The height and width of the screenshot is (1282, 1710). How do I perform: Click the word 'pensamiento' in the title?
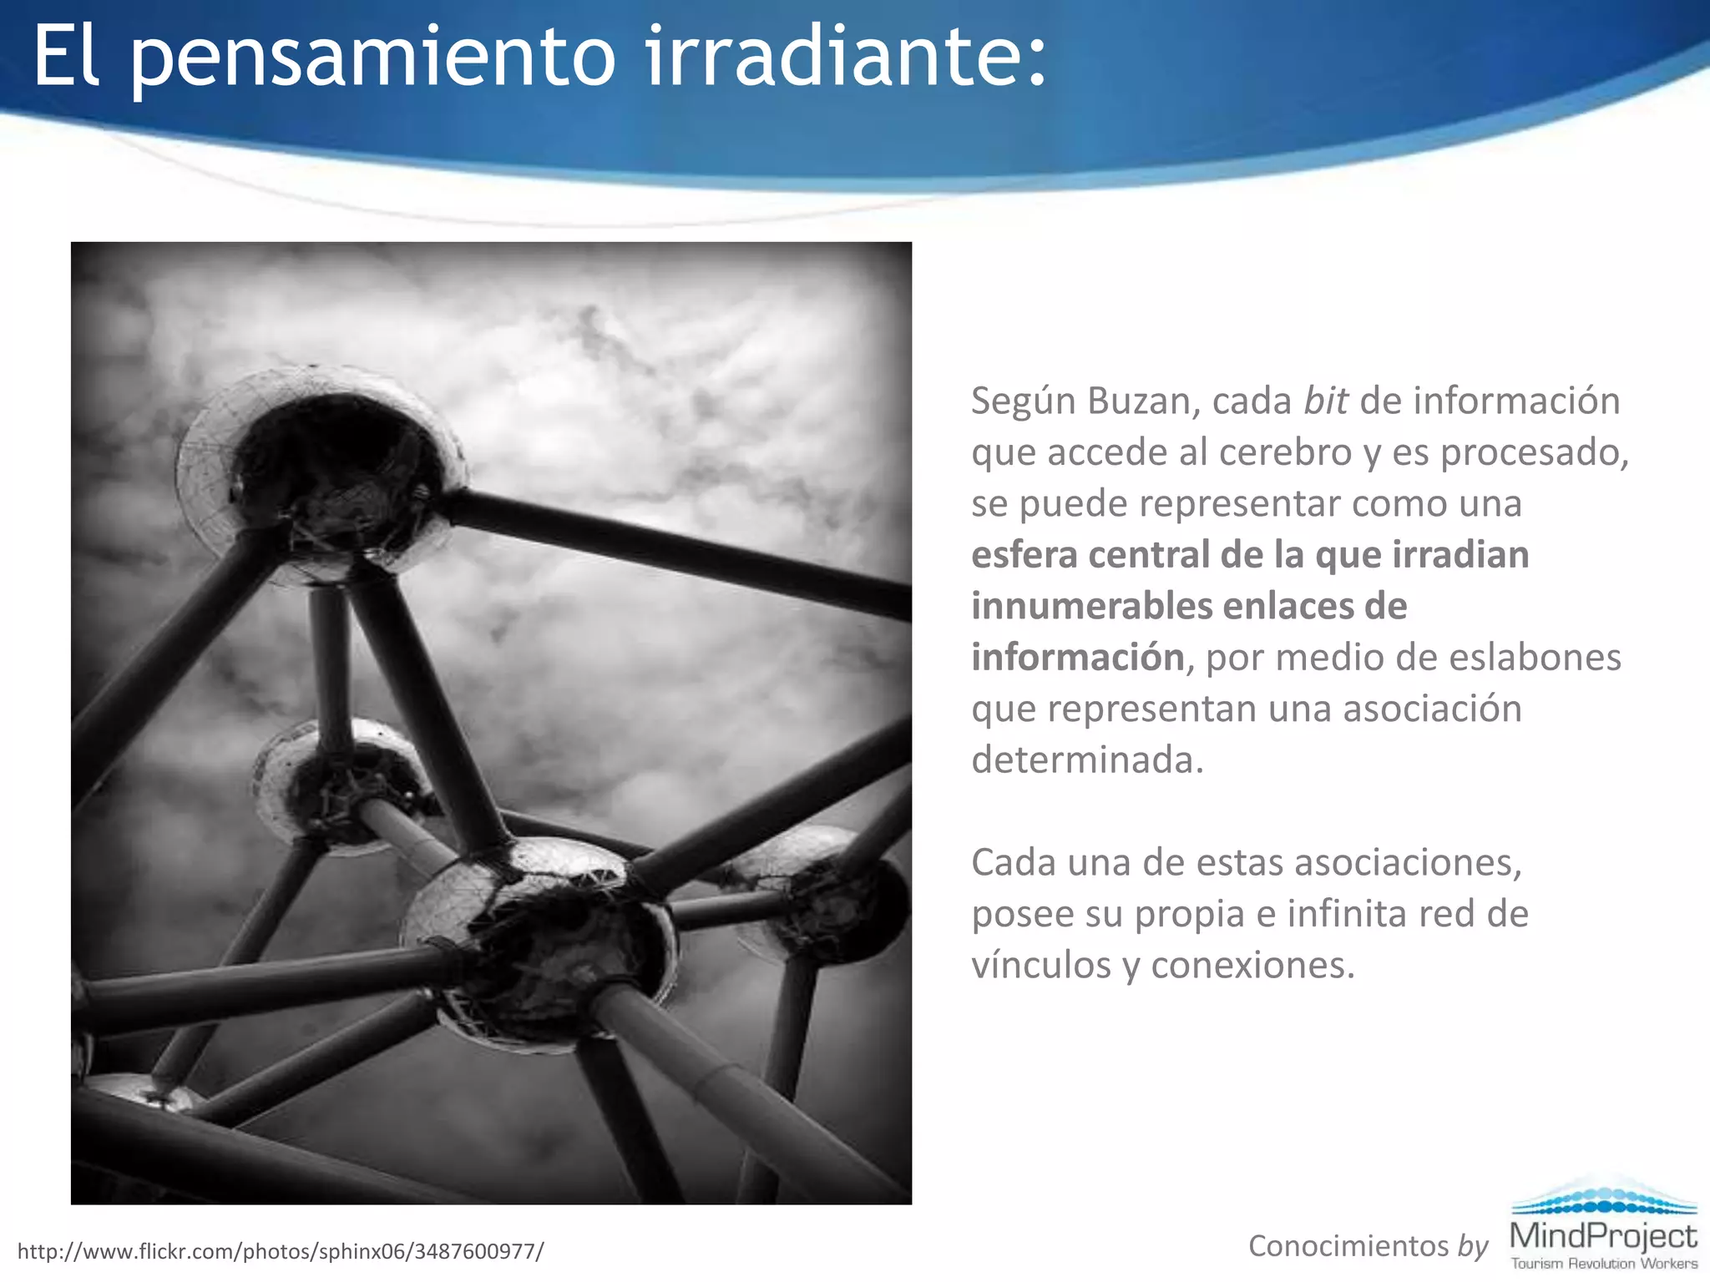(373, 58)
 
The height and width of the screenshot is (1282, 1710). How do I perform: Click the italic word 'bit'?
(1325, 401)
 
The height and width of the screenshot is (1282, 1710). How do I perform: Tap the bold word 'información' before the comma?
(1077, 658)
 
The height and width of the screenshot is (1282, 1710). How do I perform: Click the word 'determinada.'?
(1087, 760)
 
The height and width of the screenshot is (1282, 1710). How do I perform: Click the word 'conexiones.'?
(1252, 966)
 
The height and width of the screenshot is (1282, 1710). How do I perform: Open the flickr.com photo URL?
(281, 1251)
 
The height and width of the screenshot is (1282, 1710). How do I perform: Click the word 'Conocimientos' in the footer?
(1348, 1246)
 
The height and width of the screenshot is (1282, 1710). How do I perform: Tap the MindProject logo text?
(1603, 1235)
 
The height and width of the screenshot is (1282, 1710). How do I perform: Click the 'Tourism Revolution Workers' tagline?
(1603, 1264)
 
